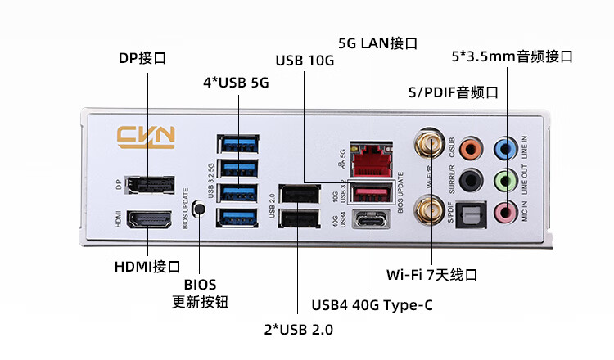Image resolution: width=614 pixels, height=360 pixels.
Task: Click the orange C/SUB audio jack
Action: [470, 149]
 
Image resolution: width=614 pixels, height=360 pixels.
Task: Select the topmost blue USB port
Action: [239, 145]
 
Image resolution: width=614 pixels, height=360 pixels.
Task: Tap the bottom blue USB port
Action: [239, 218]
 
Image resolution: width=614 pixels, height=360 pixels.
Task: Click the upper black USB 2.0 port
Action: [298, 195]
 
